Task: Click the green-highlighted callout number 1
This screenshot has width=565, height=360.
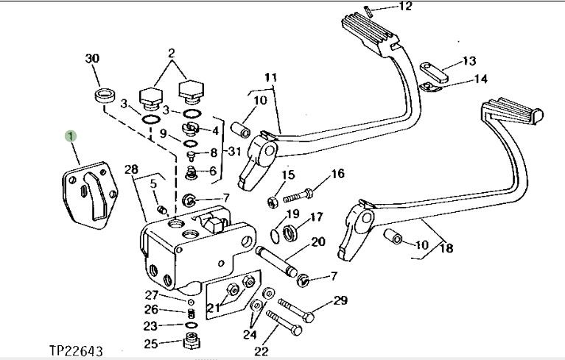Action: (71, 136)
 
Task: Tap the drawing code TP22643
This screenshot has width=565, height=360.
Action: (76, 350)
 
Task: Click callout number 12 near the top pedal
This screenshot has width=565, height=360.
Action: (405, 6)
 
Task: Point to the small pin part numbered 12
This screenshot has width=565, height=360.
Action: (368, 11)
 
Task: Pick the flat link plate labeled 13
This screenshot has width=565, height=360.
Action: (434, 72)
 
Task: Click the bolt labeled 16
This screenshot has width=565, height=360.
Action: (298, 196)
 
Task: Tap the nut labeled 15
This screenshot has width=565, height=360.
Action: (273, 202)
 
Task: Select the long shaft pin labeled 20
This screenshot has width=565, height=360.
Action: (277, 261)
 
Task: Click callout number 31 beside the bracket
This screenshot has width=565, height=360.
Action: (234, 151)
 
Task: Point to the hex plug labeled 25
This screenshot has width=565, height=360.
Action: (192, 340)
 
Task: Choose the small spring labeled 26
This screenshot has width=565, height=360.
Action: (192, 313)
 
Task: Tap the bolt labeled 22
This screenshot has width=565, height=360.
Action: (284, 323)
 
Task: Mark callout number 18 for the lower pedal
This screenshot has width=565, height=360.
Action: (446, 247)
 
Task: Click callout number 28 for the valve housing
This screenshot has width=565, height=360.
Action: (132, 169)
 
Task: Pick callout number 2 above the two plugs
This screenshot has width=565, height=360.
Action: (172, 53)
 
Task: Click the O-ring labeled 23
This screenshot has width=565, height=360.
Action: (192, 325)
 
